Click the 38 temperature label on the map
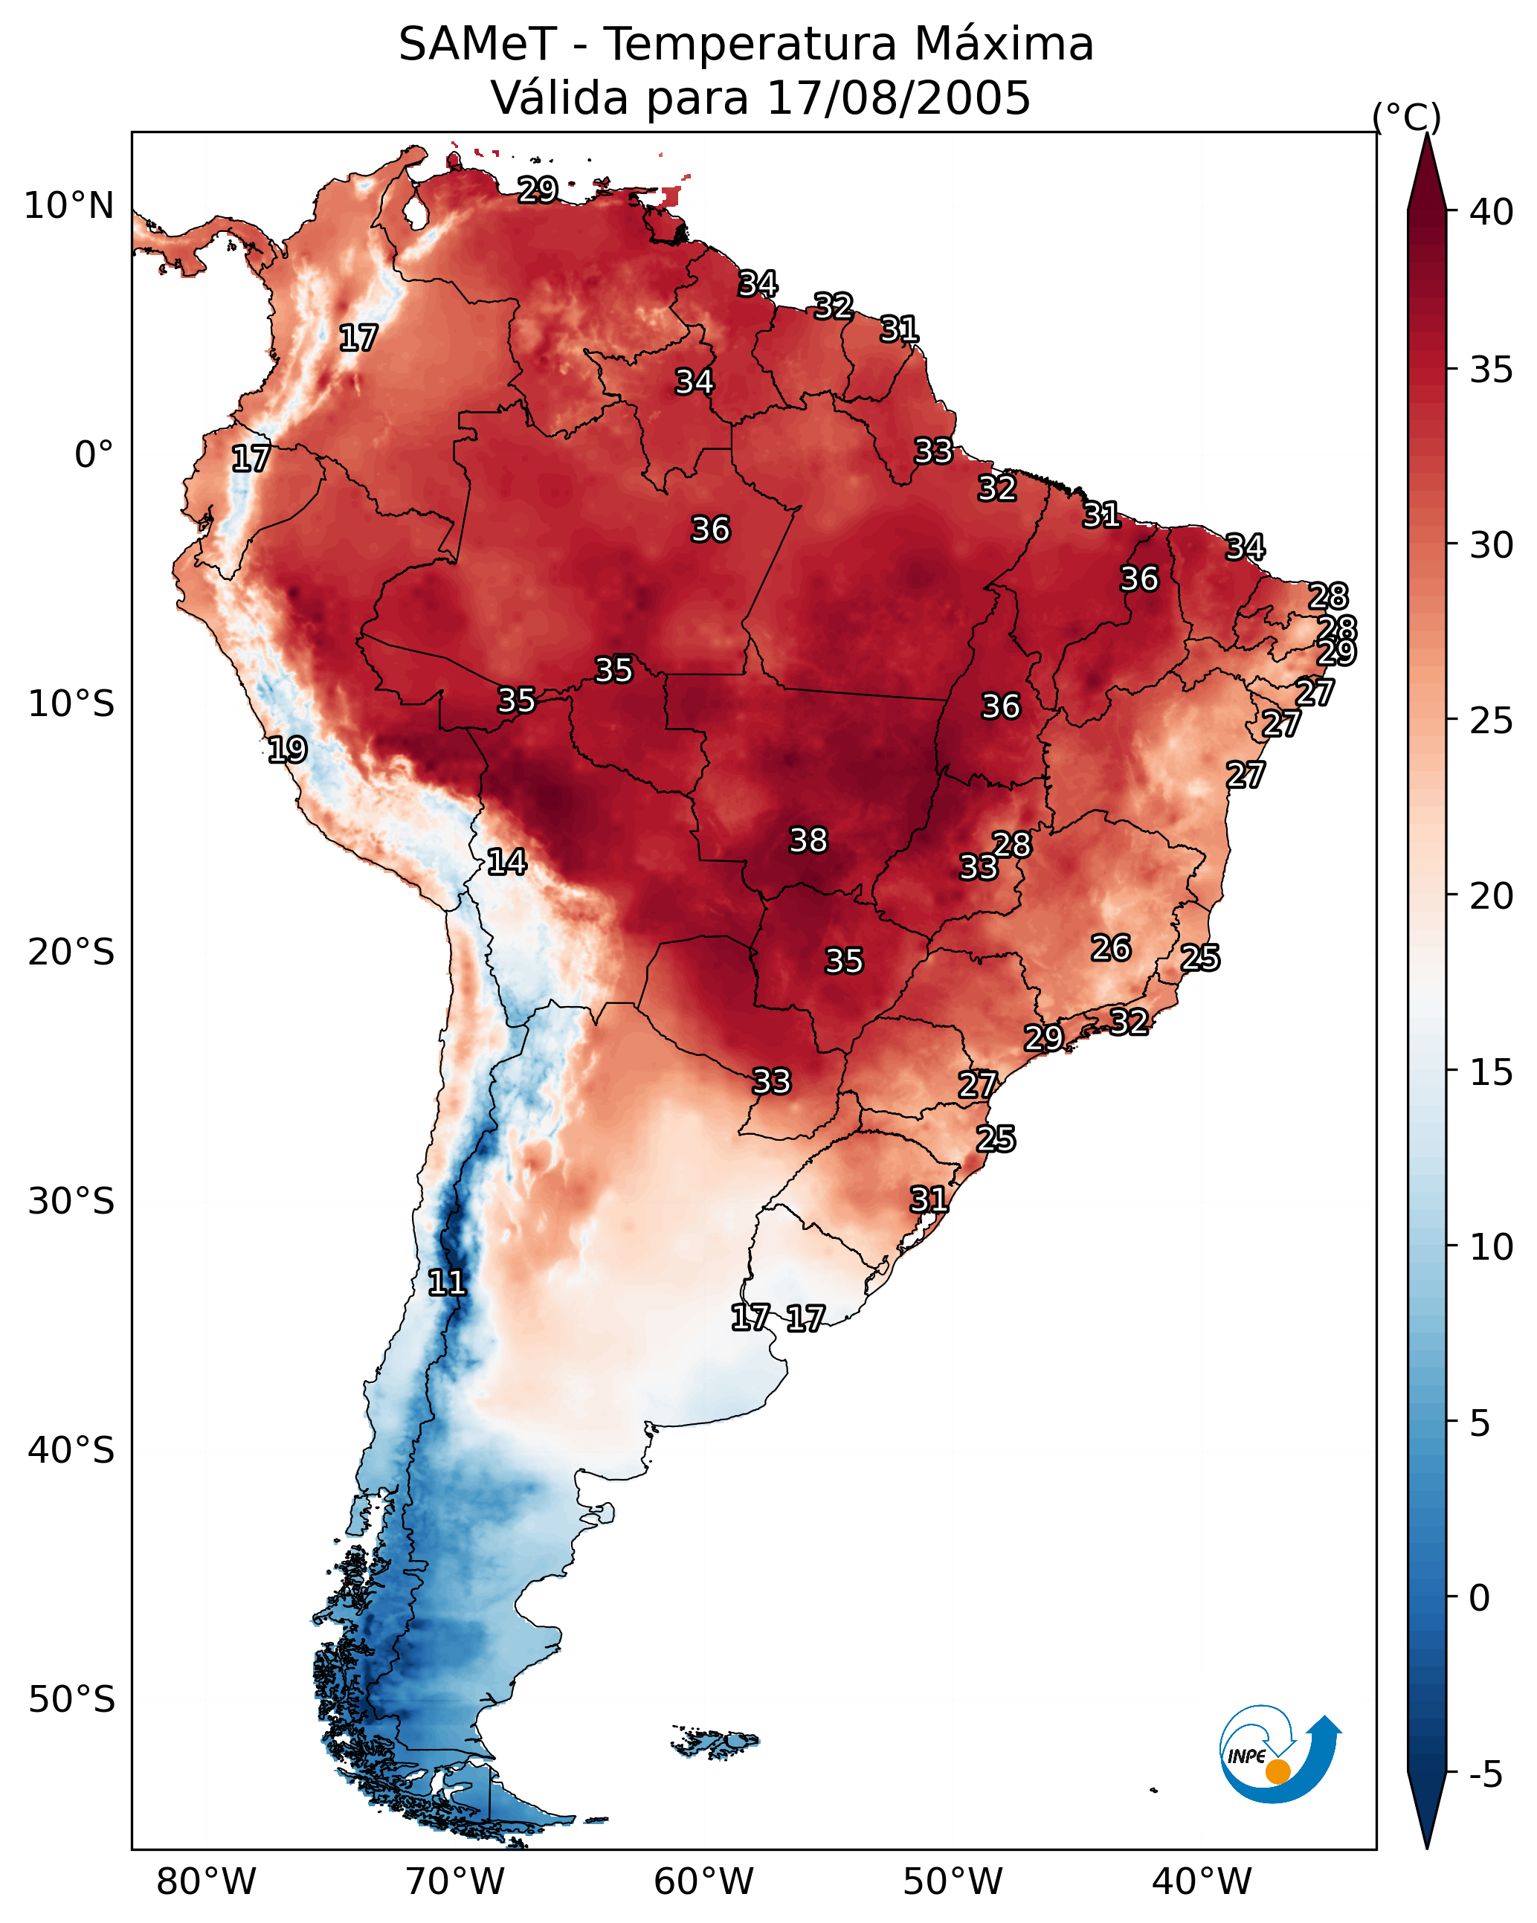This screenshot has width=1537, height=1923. (x=808, y=840)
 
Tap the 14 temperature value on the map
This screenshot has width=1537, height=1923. (x=506, y=862)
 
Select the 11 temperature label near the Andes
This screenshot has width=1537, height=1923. (x=447, y=1283)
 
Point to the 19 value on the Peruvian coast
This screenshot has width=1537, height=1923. (x=287, y=750)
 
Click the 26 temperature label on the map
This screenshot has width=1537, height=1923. (x=1111, y=947)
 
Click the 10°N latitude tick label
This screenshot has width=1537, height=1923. (x=68, y=206)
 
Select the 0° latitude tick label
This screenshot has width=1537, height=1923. (x=94, y=455)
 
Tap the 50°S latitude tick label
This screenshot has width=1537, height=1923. (x=71, y=1700)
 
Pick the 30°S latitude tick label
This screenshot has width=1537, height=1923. (x=71, y=1202)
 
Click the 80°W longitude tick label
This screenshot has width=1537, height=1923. (x=206, y=1881)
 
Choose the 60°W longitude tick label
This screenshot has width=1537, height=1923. (x=704, y=1881)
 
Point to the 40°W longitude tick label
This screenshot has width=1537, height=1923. (x=1202, y=1881)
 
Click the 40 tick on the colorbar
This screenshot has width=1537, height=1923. (x=1492, y=212)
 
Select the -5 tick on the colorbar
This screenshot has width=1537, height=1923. (x=1486, y=1775)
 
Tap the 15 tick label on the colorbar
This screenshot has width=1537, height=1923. (x=1492, y=1072)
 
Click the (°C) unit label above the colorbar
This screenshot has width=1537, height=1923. (x=1406, y=117)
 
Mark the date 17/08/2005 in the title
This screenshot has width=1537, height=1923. (x=898, y=97)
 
